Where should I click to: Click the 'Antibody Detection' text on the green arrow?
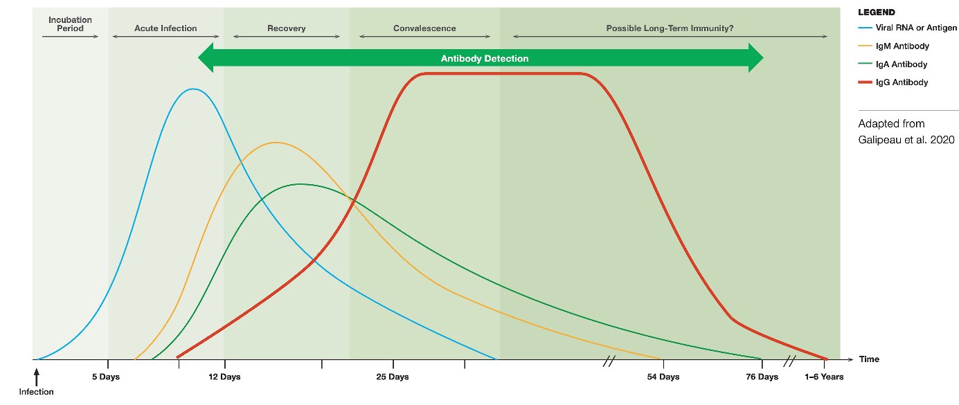click(x=484, y=59)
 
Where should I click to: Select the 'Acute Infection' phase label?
click(x=165, y=28)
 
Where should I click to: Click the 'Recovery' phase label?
click(x=286, y=28)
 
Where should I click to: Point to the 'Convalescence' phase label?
click(x=424, y=28)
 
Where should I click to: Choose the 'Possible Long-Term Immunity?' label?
click(x=670, y=28)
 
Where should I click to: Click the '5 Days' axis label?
click(x=107, y=377)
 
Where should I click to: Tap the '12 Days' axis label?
click(x=224, y=377)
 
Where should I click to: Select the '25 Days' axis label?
click(x=393, y=377)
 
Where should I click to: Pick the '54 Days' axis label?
click(x=663, y=377)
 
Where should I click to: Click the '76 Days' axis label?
click(x=762, y=377)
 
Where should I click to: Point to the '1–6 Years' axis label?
click(x=824, y=377)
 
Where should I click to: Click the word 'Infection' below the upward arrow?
click(x=36, y=391)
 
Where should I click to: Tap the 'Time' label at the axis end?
click(x=869, y=359)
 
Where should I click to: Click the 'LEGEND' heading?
click(x=877, y=12)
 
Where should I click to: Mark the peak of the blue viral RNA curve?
click(x=193, y=89)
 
